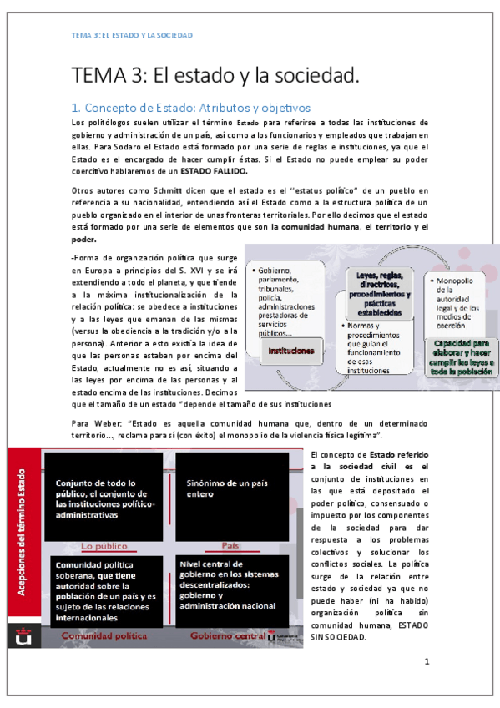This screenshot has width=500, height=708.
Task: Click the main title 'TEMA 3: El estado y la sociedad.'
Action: pyautogui.click(x=215, y=76)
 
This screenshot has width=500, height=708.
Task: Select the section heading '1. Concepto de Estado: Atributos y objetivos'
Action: pyautogui.click(x=190, y=108)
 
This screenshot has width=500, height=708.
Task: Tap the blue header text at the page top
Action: pyautogui.click(x=132, y=36)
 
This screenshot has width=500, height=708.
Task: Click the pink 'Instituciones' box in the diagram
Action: pyautogui.click(x=291, y=351)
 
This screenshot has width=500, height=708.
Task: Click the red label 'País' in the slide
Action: pyautogui.click(x=231, y=546)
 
